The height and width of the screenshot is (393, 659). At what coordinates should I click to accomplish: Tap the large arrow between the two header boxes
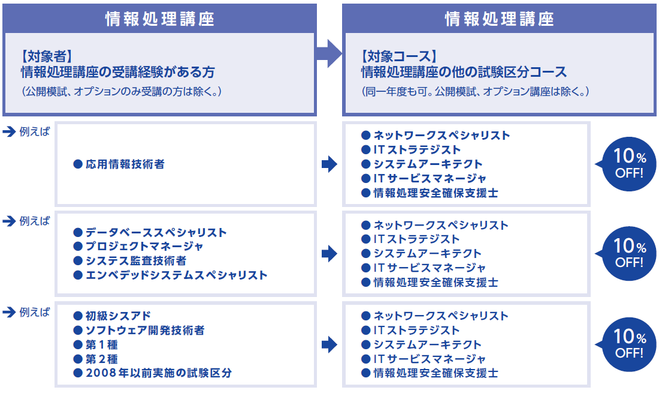tap(328, 55)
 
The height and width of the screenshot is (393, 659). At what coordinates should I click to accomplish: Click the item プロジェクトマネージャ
tap(143, 247)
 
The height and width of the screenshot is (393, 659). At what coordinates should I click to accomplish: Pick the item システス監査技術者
tap(135, 261)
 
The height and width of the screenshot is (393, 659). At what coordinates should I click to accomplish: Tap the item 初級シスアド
tap(117, 316)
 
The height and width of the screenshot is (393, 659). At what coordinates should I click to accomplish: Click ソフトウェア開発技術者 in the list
tap(144, 330)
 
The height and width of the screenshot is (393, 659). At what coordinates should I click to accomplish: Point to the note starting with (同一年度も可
tap(476, 92)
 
